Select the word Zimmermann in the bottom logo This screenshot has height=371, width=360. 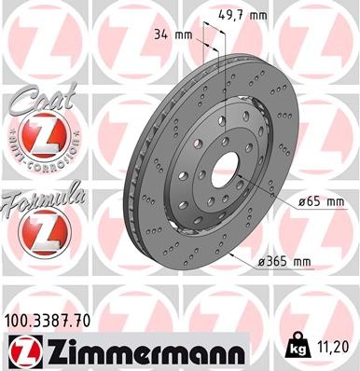pyautogui.click(x=141, y=353)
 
